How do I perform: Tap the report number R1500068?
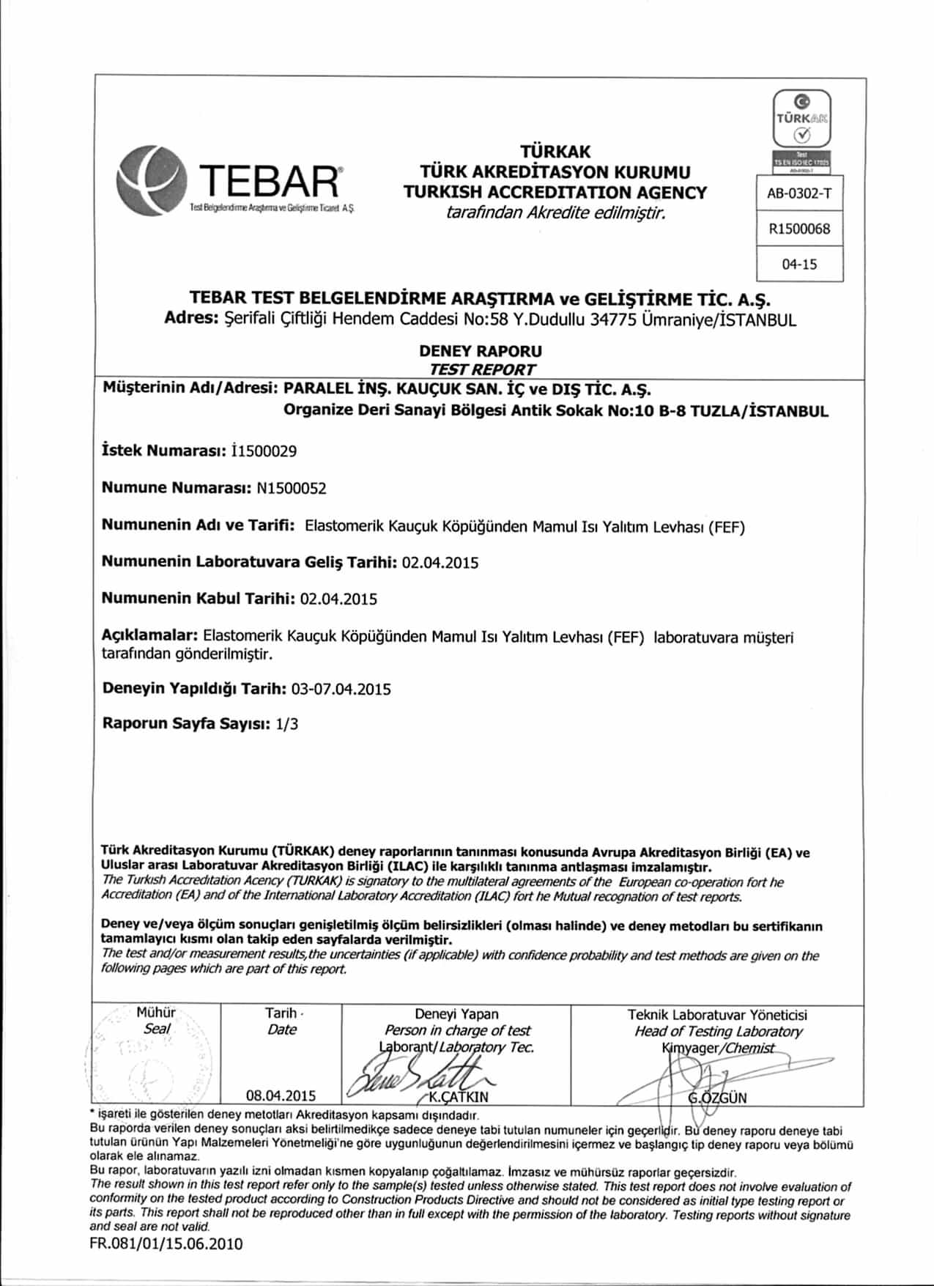799,229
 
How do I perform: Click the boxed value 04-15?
799,265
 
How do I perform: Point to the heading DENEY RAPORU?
481,351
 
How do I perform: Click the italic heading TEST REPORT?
481,369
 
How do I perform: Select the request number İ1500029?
263,451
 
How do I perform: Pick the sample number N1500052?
292,488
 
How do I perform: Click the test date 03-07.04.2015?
341,689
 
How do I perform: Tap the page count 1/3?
287,724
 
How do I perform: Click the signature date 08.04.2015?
281,1095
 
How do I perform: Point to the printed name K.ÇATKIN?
459,1097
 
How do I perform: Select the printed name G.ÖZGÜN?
718,1098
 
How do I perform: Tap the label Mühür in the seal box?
156,1013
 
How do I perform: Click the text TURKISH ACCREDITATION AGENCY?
555,193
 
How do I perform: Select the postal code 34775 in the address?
614,319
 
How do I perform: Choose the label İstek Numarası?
161,451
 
